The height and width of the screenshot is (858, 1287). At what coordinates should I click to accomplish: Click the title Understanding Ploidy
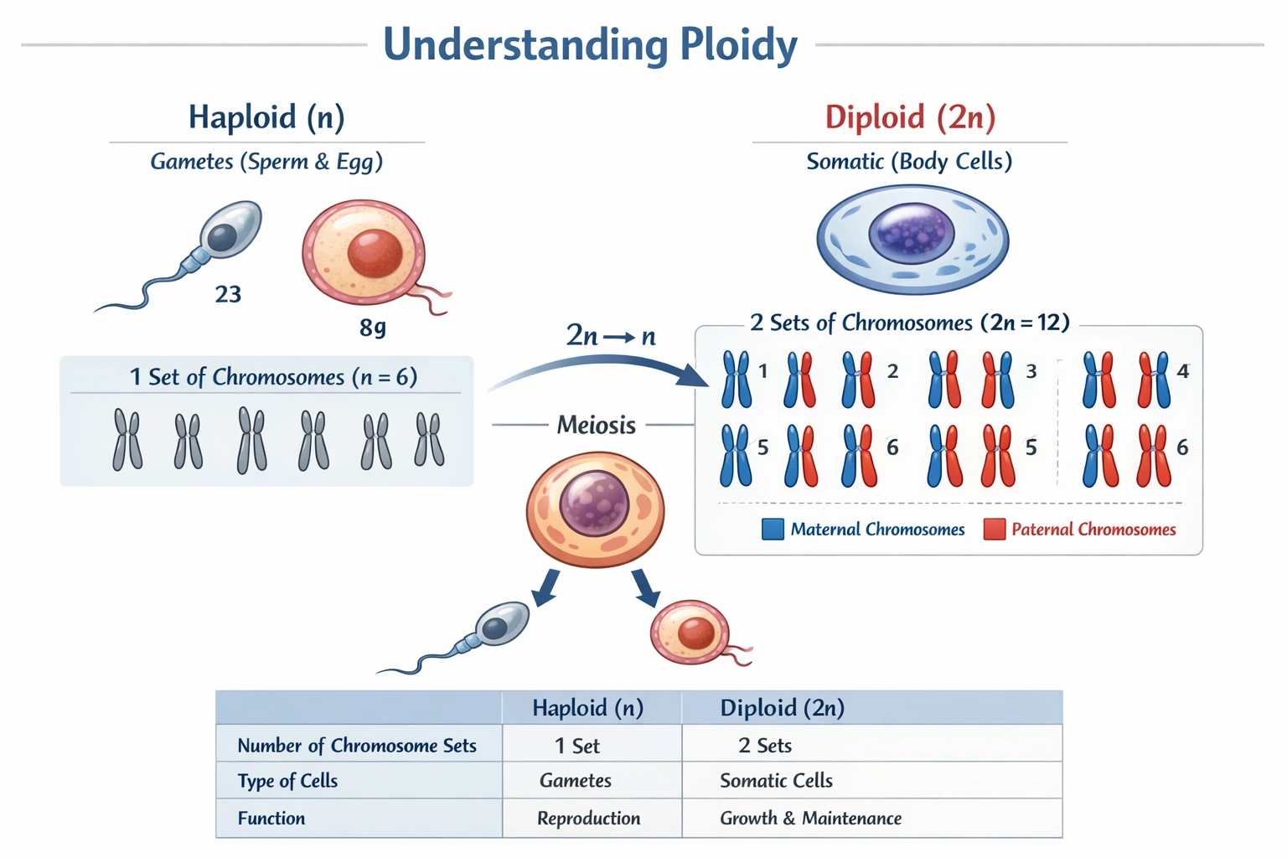click(590, 45)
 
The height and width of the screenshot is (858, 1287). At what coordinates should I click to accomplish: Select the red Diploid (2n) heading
click(910, 117)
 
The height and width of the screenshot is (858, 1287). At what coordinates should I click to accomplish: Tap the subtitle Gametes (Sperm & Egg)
click(266, 162)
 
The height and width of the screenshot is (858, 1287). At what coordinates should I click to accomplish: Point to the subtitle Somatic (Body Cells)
click(909, 162)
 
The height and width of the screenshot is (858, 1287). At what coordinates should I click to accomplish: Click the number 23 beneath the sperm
click(228, 295)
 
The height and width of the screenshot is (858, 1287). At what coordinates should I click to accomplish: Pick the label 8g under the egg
click(373, 327)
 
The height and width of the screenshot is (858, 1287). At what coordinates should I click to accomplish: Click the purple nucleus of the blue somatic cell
click(912, 232)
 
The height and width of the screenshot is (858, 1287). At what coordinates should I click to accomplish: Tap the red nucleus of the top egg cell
click(375, 253)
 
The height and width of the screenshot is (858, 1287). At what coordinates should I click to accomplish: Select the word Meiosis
click(596, 426)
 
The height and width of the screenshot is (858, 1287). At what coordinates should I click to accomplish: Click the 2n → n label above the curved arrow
click(611, 336)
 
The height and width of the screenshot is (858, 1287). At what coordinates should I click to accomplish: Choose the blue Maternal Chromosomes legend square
click(773, 530)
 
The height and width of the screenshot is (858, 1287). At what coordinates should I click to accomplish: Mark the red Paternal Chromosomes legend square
click(994, 530)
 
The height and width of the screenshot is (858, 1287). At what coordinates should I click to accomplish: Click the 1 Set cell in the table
click(577, 746)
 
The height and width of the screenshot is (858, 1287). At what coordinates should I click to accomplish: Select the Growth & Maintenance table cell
click(810, 819)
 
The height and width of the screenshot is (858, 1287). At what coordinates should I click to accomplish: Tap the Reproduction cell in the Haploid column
click(588, 819)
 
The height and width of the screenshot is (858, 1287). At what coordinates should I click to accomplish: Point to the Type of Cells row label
click(287, 781)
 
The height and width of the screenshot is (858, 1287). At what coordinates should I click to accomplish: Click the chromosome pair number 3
click(1031, 371)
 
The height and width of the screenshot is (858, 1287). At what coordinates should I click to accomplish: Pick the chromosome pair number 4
click(1182, 371)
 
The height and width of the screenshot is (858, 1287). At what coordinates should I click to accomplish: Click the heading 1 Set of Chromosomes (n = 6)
click(273, 377)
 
